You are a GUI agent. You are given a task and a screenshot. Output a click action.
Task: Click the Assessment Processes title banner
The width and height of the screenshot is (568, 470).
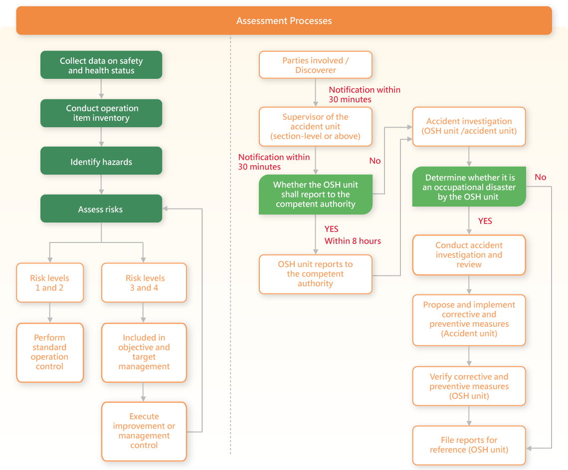[284, 20]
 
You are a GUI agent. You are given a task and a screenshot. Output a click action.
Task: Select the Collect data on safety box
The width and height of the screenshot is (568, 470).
[101, 65]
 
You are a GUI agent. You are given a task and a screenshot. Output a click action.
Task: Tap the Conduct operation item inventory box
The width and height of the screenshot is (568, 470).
[101, 113]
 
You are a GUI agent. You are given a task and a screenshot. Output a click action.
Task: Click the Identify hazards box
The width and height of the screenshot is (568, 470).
[101, 161]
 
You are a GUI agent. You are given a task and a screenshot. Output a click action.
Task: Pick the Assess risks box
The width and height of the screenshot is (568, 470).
[101, 209]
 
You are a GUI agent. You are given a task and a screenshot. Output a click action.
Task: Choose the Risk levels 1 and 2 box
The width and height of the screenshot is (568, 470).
[50, 283]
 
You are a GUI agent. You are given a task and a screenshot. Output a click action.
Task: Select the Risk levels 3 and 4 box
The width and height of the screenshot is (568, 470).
[144, 283]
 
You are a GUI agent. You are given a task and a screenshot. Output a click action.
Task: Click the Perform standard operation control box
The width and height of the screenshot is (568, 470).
[50, 353]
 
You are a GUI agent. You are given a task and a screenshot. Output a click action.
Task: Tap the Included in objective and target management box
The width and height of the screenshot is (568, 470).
[144, 353]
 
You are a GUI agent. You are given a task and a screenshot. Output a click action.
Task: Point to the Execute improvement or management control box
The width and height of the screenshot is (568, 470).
[144, 431]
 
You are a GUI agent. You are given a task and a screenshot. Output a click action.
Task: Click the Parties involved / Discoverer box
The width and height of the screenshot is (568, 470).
[316, 65]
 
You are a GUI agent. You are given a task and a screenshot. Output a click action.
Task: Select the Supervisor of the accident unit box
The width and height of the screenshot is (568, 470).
[316, 126]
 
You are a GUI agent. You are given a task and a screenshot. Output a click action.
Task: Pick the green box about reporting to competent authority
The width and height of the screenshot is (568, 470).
[316, 195]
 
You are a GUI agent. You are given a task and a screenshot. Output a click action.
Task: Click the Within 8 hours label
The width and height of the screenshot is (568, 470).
[353, 241]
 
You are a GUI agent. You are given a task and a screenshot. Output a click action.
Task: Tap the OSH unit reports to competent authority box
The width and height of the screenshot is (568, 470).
[316, 274]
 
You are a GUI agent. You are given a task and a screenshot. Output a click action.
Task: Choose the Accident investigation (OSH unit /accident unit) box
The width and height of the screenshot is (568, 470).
[469, 126]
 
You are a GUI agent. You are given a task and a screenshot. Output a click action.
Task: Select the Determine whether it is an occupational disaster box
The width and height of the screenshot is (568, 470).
[469, 187]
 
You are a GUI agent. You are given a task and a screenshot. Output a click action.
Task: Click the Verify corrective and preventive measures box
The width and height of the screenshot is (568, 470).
[469, 386]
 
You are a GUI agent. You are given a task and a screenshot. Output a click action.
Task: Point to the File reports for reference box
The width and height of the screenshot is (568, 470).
[469, 446]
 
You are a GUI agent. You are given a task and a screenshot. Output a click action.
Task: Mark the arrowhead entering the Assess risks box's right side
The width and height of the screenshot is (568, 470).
[165, 209]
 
